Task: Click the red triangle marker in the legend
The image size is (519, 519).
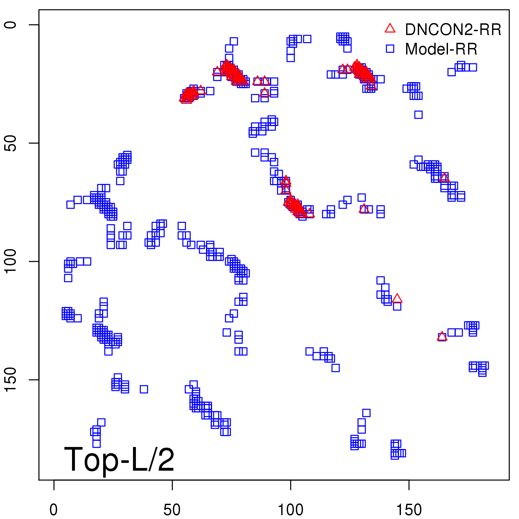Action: (390, 29)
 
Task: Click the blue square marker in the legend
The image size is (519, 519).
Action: (390, 49)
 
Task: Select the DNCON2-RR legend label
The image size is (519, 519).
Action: (453, 30)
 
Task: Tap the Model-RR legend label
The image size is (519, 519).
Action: (441, 49)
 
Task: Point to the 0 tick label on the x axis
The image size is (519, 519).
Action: (54, 510)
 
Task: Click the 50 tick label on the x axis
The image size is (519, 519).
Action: (172, 510)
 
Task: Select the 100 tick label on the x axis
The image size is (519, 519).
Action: (291, 510)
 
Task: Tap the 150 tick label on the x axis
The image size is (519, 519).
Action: (409, 510)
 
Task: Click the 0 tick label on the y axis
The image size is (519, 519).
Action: (10, 25)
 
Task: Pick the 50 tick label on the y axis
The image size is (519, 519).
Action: (10, 143)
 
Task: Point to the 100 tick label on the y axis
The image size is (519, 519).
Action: (10, 261)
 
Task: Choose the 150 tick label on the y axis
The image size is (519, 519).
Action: (10, 380)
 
